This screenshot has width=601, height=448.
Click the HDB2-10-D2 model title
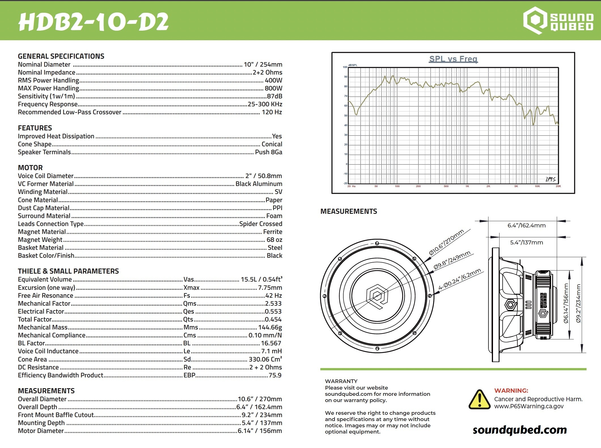[94, 22]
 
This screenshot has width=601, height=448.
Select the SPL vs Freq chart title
[453, 59]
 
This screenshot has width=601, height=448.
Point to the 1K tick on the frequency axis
[467, 186]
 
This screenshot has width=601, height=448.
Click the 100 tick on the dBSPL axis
[345, 67]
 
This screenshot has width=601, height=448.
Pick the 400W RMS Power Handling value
[273, 81]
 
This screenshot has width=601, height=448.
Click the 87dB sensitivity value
[274, 96]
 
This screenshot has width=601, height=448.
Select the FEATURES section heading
[35, 128]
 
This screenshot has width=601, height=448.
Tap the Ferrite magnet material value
[272, 232]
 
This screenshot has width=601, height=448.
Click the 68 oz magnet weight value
[274, 240]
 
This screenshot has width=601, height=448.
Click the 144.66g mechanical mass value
[270, 327]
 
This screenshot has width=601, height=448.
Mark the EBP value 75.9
[275, 375]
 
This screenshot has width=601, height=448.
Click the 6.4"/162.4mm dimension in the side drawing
[526, 226]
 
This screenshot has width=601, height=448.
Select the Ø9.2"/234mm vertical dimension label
[578, 303]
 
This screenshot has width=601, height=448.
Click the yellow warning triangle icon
[479, 400]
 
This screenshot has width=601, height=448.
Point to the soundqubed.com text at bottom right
[520, 430]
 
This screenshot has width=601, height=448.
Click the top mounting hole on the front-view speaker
[377, 243]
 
